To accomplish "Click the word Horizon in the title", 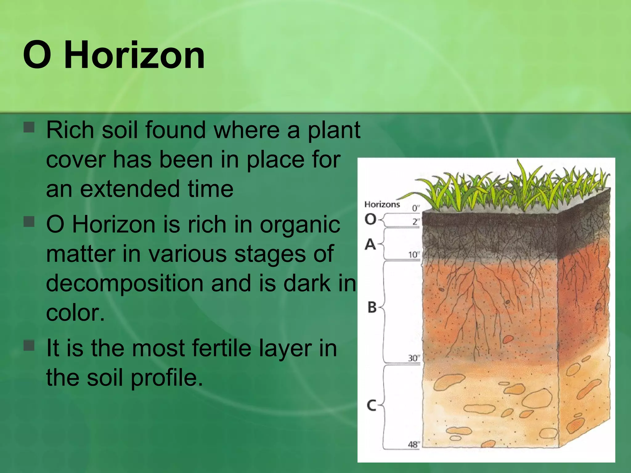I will [134, 55].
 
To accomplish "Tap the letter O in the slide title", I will [37, 55].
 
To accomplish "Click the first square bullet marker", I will [29, 127].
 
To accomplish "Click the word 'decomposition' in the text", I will [124, 284].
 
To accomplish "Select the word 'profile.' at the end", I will [167, 378].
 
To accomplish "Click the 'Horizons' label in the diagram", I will [382, 204].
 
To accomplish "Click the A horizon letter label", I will [370, 245].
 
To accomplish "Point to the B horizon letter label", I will [372, 307].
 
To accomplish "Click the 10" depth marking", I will [414, 255].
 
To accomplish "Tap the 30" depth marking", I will [414, 358].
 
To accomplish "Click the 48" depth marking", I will [414, 444].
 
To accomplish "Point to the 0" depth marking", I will [416, 208].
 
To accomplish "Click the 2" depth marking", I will [416, 221].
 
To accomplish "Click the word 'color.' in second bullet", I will [75, 313].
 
